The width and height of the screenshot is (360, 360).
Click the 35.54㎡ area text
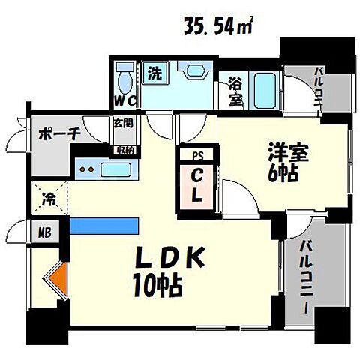point(216,28)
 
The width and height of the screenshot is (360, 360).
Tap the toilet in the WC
point(124,76)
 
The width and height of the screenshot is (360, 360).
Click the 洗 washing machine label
point(154,74)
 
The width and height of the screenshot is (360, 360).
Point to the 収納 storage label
point(123,149)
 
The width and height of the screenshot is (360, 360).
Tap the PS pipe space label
point(197,157)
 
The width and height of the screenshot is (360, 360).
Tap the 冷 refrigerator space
point(48,200)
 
